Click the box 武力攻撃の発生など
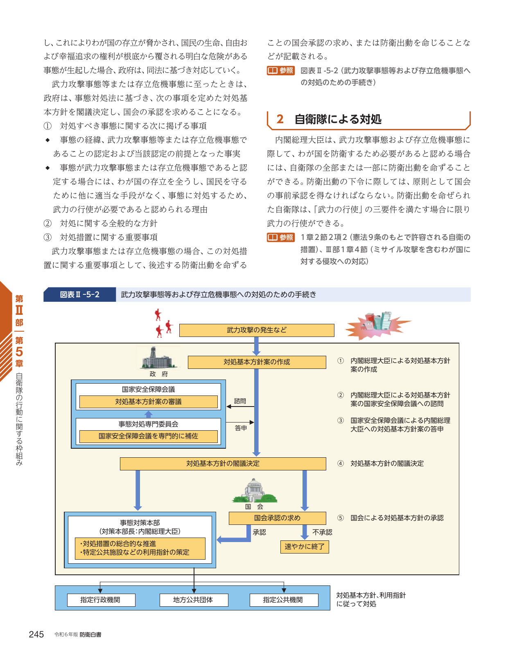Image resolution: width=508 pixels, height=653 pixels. tap(257, 330)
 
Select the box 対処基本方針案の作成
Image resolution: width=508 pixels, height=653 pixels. tap(257, 362)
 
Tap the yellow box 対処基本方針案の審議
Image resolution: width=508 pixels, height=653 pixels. tap(149, 402)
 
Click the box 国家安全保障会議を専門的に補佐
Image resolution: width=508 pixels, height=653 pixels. tap(149, 436)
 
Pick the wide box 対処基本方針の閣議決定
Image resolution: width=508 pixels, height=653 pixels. tap(223, 464)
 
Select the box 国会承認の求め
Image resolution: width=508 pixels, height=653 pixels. tap(277, 518)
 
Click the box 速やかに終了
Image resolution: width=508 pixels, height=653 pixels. tap(304, 547)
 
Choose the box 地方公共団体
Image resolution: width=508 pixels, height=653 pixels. tap(194, 600)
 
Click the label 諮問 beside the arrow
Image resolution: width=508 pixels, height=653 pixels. tap(240, 401)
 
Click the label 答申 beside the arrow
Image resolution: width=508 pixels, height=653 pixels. tap(241, 428)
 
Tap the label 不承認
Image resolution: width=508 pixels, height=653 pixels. tap(322, 532)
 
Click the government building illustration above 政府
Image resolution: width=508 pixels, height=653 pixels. tap(158, 357)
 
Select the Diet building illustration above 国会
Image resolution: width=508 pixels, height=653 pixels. tap(255, 490)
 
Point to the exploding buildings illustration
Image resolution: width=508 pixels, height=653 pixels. tap(377, 325)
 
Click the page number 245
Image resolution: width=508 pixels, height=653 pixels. tap(36, 634)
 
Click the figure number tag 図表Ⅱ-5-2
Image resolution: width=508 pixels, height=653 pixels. tap(79, 294)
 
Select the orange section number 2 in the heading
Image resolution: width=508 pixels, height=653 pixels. tap(280, 119)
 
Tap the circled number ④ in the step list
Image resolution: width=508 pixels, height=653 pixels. tap(340, 463)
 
